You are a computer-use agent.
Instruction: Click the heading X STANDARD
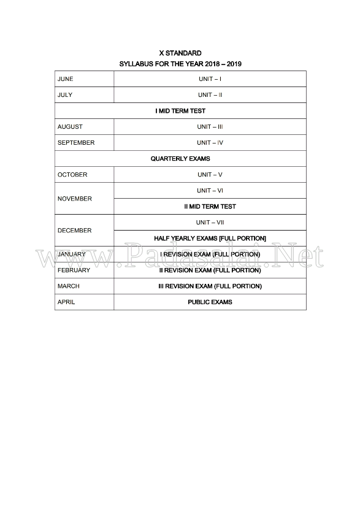[180, 53]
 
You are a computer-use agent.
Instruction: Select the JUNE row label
[65, 79]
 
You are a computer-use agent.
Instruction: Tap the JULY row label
[65, 95]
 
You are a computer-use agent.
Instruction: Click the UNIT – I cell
[210, 79]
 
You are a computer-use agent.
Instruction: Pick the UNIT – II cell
[210, 95]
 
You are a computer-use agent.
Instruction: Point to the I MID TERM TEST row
[180, 111]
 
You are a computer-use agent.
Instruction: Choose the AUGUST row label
[70, 127]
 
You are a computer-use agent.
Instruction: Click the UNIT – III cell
[210, 127]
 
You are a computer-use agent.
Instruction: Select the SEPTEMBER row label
[76, 143]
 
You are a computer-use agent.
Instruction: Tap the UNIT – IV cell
[210, 143]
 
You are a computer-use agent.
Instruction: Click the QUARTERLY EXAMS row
[180, 159]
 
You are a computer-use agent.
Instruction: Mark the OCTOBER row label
[72, 175]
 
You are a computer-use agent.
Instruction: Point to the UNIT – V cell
[210, 175]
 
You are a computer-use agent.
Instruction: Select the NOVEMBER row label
[75, 199]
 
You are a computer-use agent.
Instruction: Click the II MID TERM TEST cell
[210, 207]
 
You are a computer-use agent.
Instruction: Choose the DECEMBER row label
[74, 231]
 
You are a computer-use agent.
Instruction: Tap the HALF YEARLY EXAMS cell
[210, 238]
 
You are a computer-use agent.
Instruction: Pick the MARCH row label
[68, 286]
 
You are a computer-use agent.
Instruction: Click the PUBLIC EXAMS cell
[210, 302]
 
